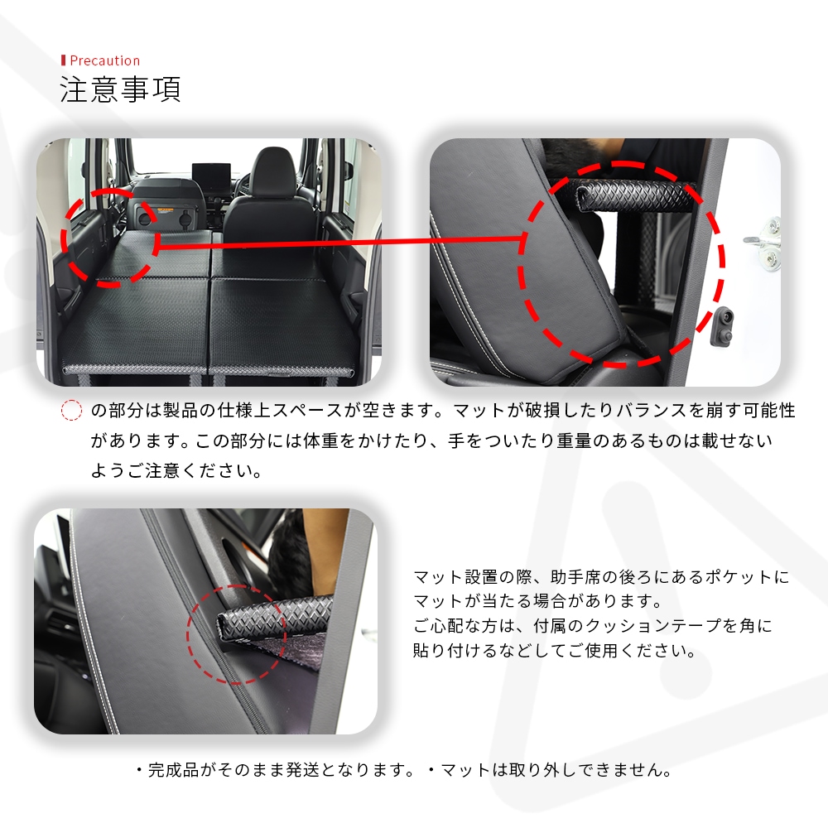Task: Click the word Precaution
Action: coord(104,60)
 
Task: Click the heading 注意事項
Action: coord(120,89)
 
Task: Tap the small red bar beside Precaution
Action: coord(64,60)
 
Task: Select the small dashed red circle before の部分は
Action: coord(71,411)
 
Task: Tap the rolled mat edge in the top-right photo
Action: coord(634,196)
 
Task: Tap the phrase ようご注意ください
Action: coord(177,470)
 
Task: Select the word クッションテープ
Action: coord(654,626)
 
